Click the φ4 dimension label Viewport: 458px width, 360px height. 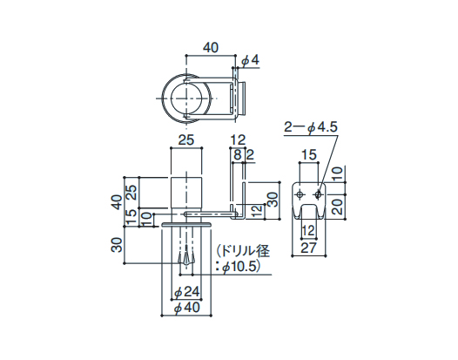[x=250, y=60]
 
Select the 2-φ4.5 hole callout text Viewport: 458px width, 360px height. [x=311, y=127]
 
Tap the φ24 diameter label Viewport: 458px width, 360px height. [x=186, y=292]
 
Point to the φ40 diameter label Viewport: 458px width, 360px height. [x=186, y=308]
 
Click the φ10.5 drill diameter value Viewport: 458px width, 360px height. [x=240, y=267]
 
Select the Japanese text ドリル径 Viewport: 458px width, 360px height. [x=245, y=251]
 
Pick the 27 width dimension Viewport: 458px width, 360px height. [x=309, y=248]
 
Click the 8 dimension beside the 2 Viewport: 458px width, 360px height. [x=238, y=155]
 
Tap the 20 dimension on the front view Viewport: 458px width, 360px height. [x=337, y=207]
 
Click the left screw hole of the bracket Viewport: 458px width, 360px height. [x=300, y=194]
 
